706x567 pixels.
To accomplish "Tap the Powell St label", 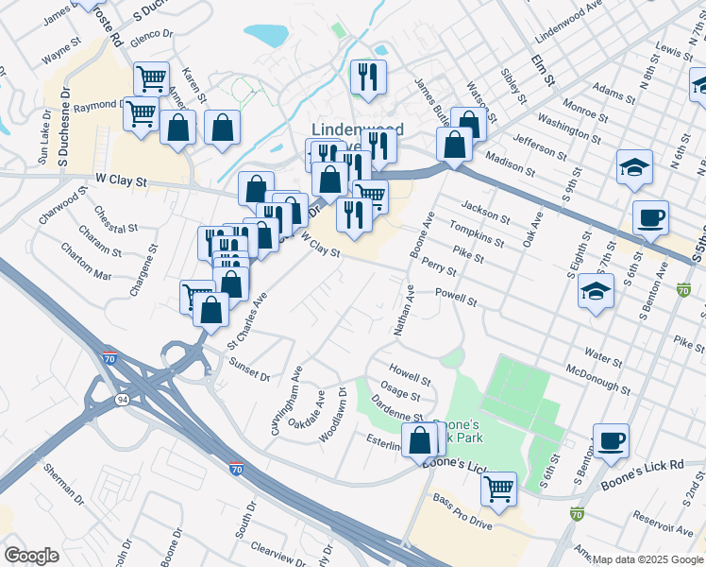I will [x=456, y=299].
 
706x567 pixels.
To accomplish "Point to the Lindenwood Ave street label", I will [x=568, y=23].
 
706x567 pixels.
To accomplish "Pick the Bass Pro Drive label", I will [x=462, y=510].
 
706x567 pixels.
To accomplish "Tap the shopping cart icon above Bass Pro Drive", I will [x=498, y=489].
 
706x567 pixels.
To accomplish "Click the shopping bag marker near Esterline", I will [x=420, y=439].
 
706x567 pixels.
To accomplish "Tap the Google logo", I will [x=31, y=556].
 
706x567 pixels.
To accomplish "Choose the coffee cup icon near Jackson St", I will [x=650, y=218].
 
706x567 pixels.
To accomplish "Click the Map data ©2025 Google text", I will [x=647, y=559].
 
